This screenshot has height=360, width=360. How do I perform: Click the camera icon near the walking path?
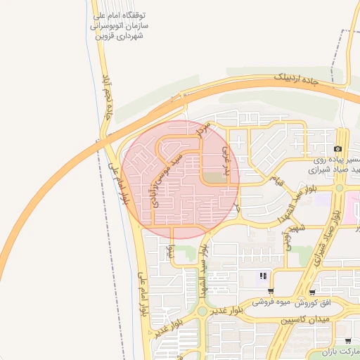338,149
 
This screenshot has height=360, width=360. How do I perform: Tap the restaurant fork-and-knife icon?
263,276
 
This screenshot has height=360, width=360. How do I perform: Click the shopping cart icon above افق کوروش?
311,292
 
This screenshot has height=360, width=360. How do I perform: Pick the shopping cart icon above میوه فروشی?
271,292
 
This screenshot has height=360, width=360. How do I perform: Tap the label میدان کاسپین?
305,320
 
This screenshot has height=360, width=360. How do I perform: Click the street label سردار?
204,129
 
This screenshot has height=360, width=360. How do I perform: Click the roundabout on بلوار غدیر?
202,310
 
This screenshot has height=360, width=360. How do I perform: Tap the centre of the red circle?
180,180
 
